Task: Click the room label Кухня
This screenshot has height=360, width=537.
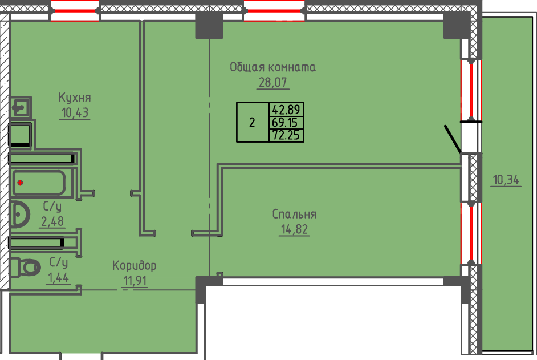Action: click(75, 97)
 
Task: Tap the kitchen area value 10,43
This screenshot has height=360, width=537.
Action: click(75, 112)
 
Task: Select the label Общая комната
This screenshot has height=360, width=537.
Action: click(272, 67)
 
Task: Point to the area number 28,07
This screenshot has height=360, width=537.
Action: click(274, 82)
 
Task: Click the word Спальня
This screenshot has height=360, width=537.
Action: click(294, 215)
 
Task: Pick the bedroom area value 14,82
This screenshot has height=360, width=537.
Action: click(294, 230)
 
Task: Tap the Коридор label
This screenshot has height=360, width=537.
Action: click(134, 266)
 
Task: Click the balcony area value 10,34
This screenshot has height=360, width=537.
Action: click(506, 181)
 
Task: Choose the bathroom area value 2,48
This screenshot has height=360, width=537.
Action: click(51, 221)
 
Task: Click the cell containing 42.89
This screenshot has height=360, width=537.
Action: click(287, 109)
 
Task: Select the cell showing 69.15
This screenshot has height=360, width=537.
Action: click(287, 122)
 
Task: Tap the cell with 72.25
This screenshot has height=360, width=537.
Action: click(287, 135)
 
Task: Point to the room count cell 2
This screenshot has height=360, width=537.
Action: click(252, 122)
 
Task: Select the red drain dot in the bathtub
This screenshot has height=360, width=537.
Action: click(20, 183)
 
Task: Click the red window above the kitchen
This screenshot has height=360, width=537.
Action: click(75, 11)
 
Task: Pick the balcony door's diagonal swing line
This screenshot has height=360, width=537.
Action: click(453, 140)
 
